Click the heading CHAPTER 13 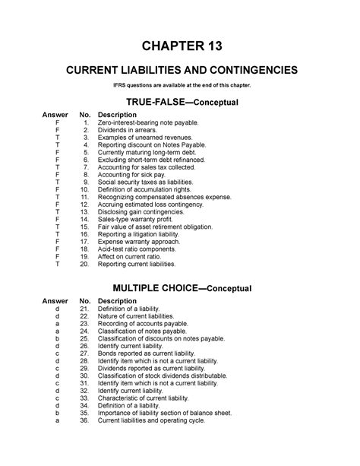(x=180, y=45)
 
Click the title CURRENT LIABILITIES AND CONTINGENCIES (x=180, y=71)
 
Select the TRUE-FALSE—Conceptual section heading (x=180, y=102)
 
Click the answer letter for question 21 (x=57, y=308)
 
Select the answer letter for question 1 (x=57, y=123)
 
